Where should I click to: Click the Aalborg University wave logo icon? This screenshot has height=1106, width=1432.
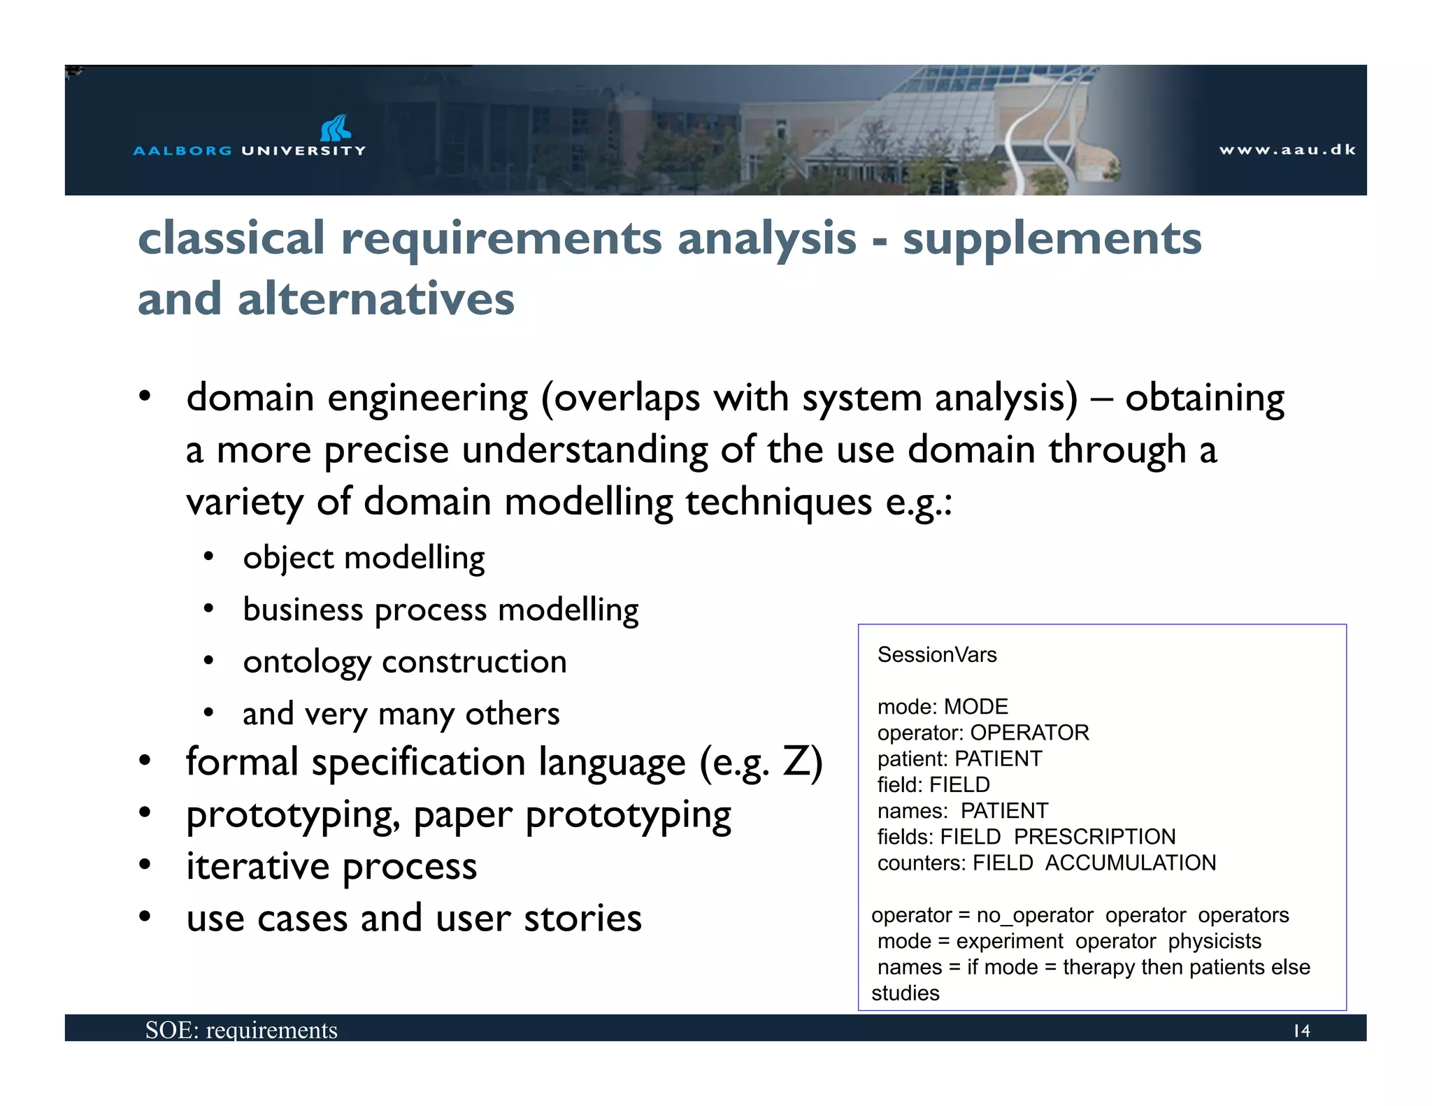pyautogui.click(x=336, y=128)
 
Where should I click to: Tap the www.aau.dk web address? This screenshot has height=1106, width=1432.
pyautogui.click(x=1287, y=150)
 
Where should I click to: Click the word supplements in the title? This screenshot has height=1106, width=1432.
pyautogui.click(x=1052, y=239)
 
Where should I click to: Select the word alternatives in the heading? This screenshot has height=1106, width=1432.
pyautogui.click(x=375, y=299)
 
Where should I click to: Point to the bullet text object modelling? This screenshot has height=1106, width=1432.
pyautogui.click(x=364, y=558)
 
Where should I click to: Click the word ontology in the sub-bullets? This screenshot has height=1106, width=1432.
pyautogui.click(x=307, y=662)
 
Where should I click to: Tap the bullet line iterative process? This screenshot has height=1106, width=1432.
pyautogui.click(x=331, y=866)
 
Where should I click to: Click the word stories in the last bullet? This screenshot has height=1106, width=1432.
pyautogui.click(x=582, y=918)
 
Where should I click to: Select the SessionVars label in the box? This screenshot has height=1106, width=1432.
pyautogui.click(x=937, y=655)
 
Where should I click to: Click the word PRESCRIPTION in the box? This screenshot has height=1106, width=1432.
pyautogui.click(x=1094, y=837)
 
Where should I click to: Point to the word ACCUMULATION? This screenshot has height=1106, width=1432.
pyautogui.click(x=1131, y=863)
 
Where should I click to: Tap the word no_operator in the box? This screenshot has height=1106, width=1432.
pyautogui.click(x=1034, y=915)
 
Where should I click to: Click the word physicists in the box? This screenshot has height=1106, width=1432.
pyautogui.click(x=1215, y=941)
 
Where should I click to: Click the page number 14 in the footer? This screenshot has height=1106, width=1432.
pyautogui.click(x=1301, y=1030)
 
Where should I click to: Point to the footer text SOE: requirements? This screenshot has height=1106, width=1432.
pyautogui.click(x=241, y=1030)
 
